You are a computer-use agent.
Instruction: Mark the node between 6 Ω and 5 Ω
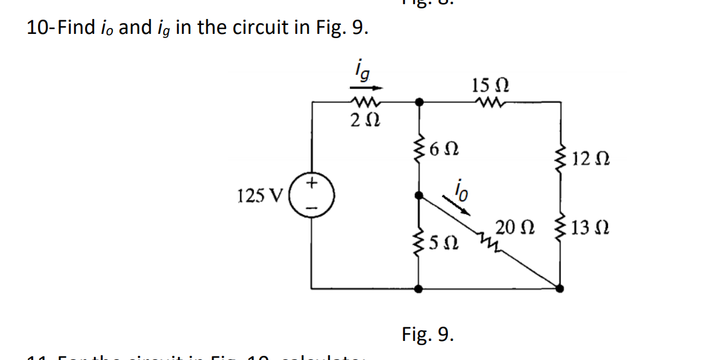[x=419, y=195]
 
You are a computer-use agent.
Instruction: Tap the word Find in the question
[x=73, y=28]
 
